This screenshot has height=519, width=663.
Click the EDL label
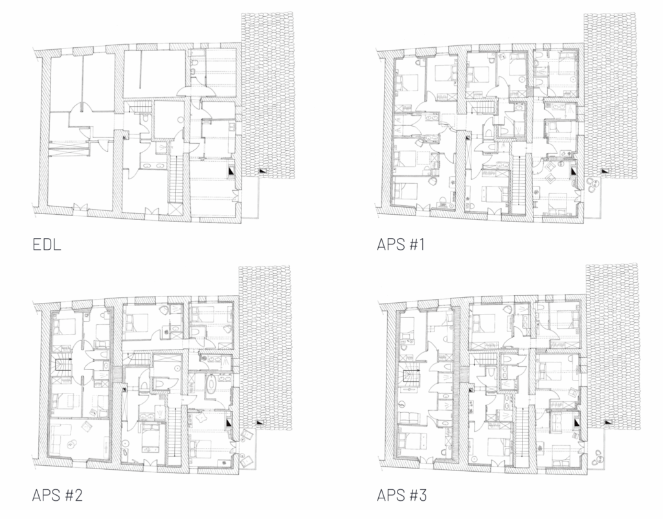click(47, 244)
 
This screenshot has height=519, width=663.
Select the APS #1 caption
click(400, 244)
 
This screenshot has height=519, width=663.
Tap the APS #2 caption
click(57, 495)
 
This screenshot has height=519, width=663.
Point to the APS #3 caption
click(401, 495)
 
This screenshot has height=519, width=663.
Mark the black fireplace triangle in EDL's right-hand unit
click(231, 171)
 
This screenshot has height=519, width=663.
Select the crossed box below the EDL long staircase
click(175, 209)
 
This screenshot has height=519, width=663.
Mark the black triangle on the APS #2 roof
click(260, 422)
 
